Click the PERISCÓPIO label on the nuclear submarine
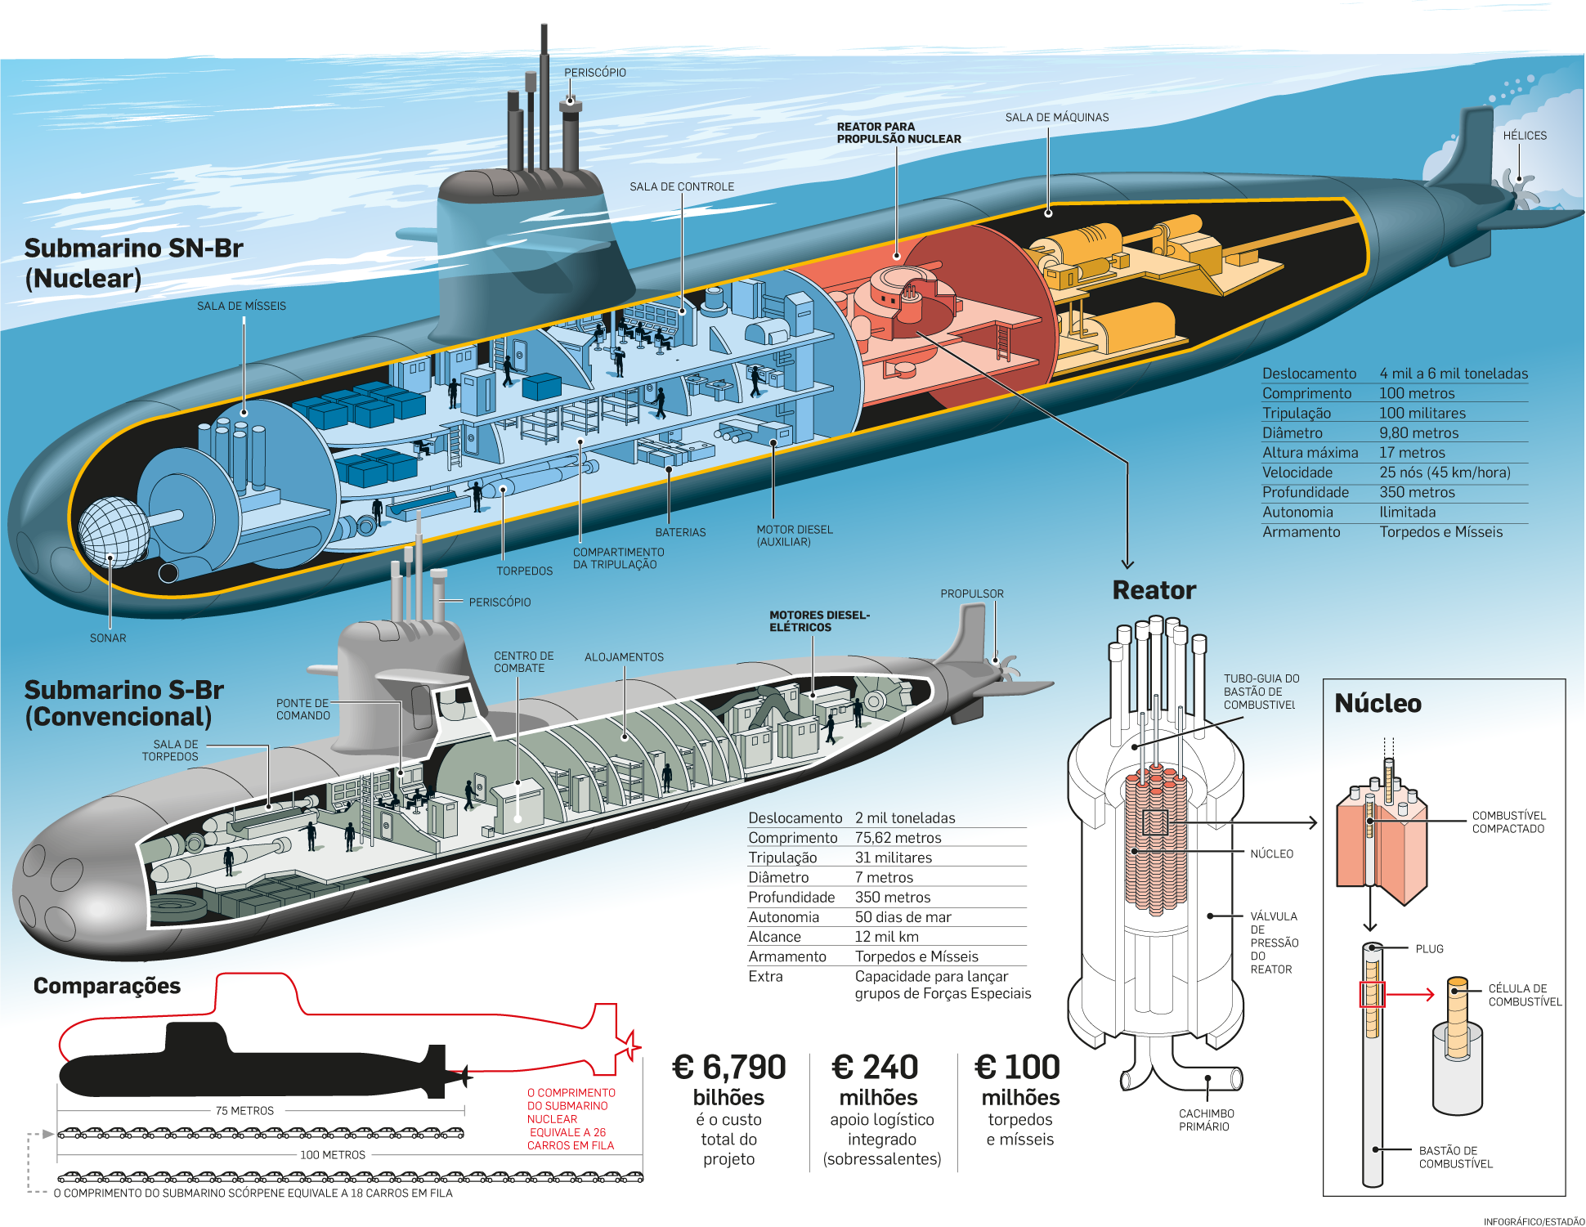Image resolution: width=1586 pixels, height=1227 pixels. pos(594,73)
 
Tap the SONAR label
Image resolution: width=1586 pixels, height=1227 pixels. pos(108,638)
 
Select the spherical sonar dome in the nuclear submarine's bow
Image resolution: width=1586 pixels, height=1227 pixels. pos(113,531)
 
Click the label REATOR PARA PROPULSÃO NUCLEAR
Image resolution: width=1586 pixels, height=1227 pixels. pos(898,133)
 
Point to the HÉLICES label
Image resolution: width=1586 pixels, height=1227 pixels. pos(1524,136)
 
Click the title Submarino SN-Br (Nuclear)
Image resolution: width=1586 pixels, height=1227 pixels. pos(133,263)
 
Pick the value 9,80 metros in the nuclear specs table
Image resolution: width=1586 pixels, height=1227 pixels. pos(1418,433)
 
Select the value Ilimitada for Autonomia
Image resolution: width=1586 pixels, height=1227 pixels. pos(1407,513)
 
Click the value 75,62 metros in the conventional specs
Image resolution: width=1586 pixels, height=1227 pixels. pos(898,838)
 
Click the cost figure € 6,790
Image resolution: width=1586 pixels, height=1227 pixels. pos(728,1068)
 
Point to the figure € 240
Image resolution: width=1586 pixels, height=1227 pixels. pos(875,1068)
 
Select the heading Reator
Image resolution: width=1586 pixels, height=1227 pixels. pos(1154,590)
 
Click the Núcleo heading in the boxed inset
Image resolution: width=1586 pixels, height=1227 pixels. pos(1378,704)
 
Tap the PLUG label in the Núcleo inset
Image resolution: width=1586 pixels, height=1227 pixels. pos(1429,949)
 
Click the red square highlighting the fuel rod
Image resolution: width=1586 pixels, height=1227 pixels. pos(1372,994)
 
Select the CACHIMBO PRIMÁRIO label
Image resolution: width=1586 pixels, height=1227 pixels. pos(1206,1120)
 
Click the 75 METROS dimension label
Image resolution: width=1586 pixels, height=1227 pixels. pos(244,1111)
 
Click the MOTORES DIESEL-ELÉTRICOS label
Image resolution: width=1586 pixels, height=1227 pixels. pos(818,621)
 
